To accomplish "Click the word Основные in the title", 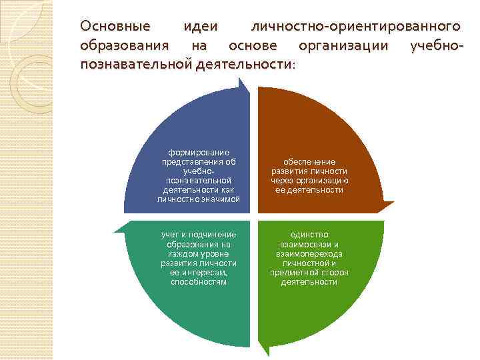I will coord(115,26).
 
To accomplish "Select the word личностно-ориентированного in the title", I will coord(355,26).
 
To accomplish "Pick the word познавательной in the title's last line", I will coord(136,65).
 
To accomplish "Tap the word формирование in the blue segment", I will coord(199,152).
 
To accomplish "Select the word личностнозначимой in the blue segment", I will coord(199,199).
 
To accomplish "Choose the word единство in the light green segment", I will coord(309,235).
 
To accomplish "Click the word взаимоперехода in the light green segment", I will coord(309,254).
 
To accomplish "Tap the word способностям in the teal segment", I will coord(199,282).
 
